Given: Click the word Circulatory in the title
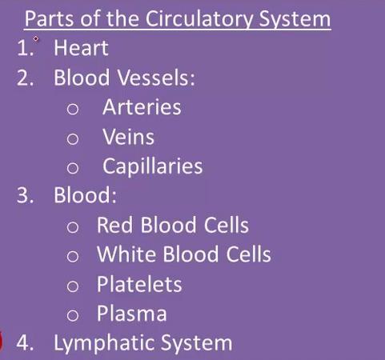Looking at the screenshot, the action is pyautogui.click(x=199, y=20).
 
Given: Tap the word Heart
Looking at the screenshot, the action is pyautogui.click(x=81, y=48).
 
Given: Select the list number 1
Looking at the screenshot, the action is pyautogui.click(x=25, y=48).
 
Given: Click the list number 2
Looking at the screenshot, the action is pyautogui.click(x=25, y=78).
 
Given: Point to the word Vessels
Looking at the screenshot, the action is pyautogui.click(x=156, y=78).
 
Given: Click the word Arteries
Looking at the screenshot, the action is pyautogui.click(x=142, y=107).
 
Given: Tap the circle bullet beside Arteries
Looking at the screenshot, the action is pyautogui.click(x=73, y=109).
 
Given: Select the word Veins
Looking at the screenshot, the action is pyautogui.click(x=128, y=137).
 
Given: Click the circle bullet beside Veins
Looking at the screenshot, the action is pyautogui.click(x=73, y=138).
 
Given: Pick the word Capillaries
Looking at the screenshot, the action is pyautogui.click(x=153, y=166).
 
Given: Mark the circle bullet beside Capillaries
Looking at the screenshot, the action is pyautogui.click(x=73, y=168).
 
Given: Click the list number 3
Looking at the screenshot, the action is pyautogui.click(x=25, y=195).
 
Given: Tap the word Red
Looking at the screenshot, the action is pyautogui.click(x=114, y=226).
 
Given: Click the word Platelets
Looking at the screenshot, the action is pyautogui.click(x=139, y=284).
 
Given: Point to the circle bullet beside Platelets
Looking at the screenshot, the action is pyautogui.click(x=73, y=286).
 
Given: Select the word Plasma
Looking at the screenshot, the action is pyautogui.click(x=132, y=314).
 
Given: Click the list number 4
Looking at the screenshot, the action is pyautogui.click(x=25, y=342).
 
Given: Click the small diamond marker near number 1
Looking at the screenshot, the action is pyautogui.click(x=36, y=39).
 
